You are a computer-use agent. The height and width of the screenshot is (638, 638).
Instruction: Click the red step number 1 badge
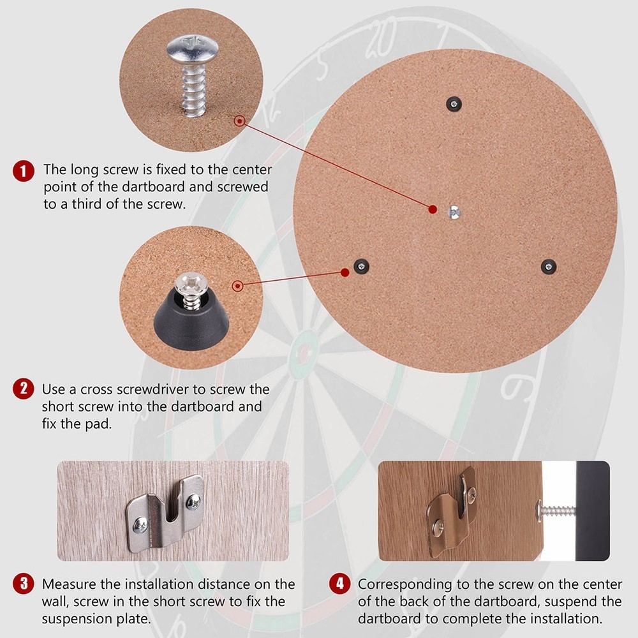click(x=24, y=171)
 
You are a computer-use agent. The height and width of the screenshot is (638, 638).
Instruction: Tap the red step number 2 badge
click(x=24, y=389)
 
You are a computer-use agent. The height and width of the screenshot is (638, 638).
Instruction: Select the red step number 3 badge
click(x=24, y=584)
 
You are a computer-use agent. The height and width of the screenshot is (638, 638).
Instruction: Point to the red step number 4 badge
click(x=339, y=584)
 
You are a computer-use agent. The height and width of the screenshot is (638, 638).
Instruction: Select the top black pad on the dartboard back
click(x=454, y=103)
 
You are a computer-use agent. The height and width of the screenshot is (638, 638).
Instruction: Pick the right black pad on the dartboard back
click(x=548, y=266)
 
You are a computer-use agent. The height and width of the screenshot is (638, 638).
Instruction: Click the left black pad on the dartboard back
click(x=362, y=267)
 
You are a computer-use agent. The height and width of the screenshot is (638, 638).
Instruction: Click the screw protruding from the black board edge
click(x=556, y=510)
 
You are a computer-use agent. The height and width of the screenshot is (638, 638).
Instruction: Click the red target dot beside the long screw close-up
click(x=239, y=120)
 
